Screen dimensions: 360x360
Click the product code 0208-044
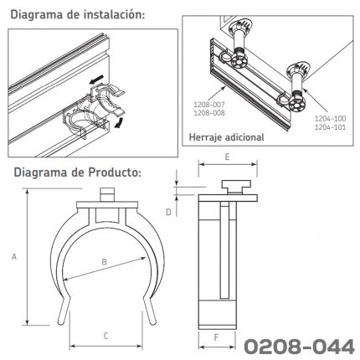tap(299, 347)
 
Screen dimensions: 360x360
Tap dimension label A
tap(14, 256)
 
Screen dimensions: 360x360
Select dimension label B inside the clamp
tap(104, 262)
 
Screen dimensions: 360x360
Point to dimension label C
tap(105, 336)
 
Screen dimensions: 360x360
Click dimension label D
tap(168, 213)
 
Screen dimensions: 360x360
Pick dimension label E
tap(227, 157)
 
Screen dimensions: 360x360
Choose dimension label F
tap(216, 337)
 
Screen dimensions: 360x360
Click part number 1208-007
tap(209, 105)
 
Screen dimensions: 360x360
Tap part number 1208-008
tap(209, 113)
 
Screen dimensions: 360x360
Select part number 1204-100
tap(331, 119)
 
